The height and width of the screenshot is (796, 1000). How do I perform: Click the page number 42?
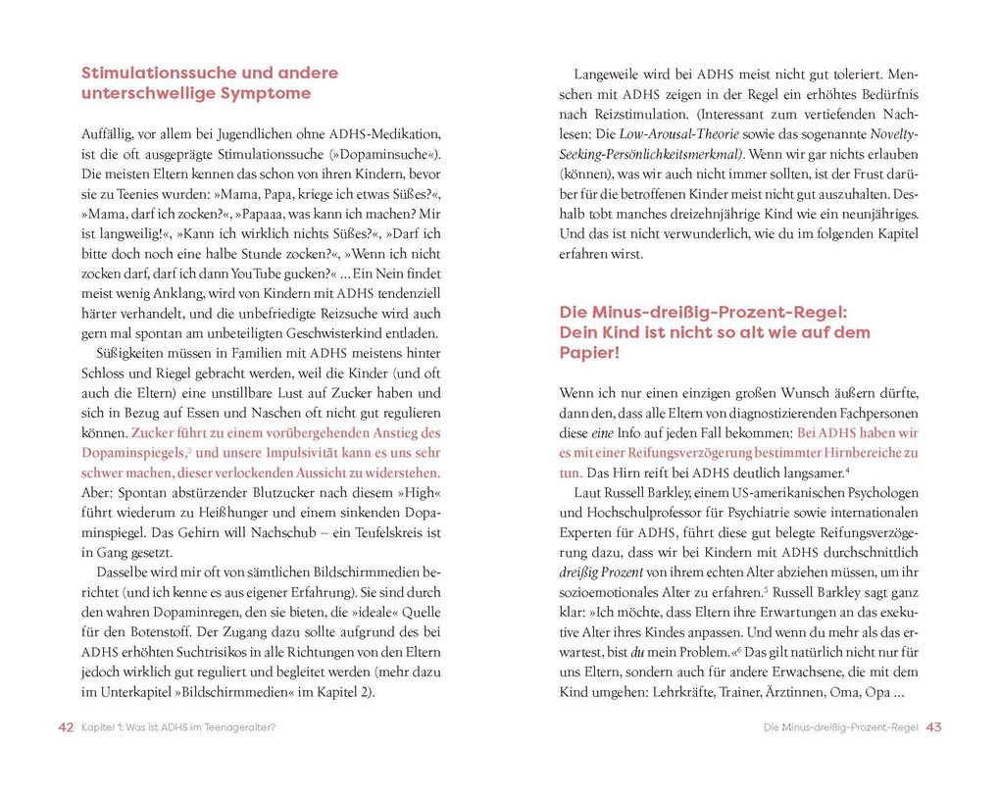click(x=66, y=727)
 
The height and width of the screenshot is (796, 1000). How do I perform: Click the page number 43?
click(x=933, y=727)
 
